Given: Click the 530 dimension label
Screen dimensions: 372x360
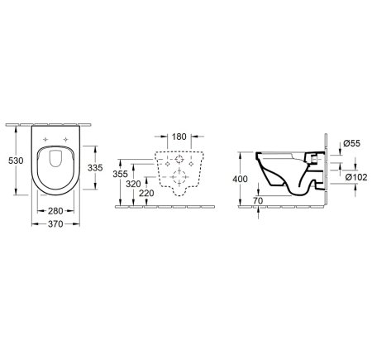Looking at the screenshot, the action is (x=16, y=161).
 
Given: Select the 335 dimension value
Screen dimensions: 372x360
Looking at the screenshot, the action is (x=95, y=167).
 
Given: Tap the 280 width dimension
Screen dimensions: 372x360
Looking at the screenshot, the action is (x=55, y=211).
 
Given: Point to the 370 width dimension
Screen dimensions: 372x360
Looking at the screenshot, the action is (x=55, y=224).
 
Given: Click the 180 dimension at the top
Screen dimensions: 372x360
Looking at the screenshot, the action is (x=179, y=137).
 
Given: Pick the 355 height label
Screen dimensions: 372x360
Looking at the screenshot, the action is (x=121, y=174).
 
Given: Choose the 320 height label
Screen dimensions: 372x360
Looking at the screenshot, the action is (x=133, y=184).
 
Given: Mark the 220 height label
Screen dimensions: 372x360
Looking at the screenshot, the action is (x=146, y=194).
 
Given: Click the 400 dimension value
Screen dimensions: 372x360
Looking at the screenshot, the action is (x=240, y=179).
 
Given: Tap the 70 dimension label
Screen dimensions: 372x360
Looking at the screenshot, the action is (x=258, y=201).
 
